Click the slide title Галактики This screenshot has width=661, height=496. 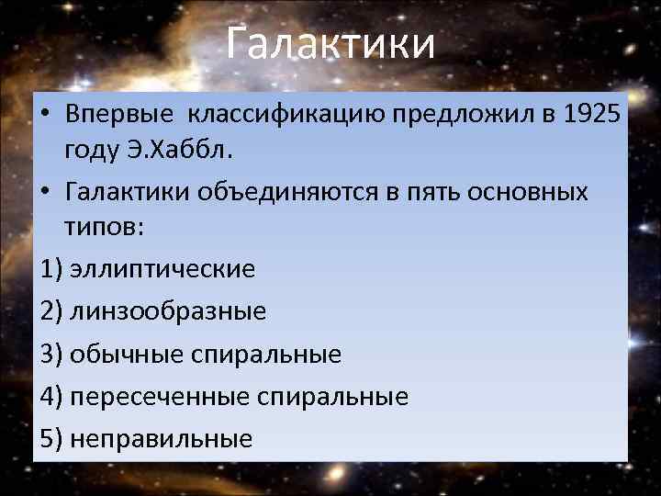[x=330, y=43]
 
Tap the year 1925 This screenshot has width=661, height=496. [x=588, y=118]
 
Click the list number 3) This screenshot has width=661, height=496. [x=52, y=354]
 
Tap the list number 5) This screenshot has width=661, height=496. [x=52, y=439]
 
